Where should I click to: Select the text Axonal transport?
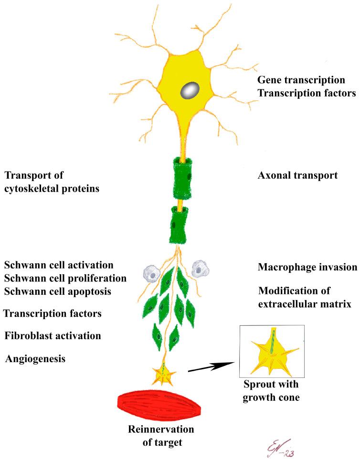[x=297, y=176]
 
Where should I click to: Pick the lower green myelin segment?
[x=181, y=224]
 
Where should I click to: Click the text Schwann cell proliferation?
[x=65, y=278]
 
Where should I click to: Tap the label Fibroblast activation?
[x=53, y=335]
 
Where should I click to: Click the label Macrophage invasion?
[x=302, y=267]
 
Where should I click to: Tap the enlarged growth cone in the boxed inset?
[x=270, y=351]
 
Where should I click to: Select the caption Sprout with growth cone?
[x=271, y=391]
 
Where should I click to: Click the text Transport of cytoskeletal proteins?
[x=52, y=182]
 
